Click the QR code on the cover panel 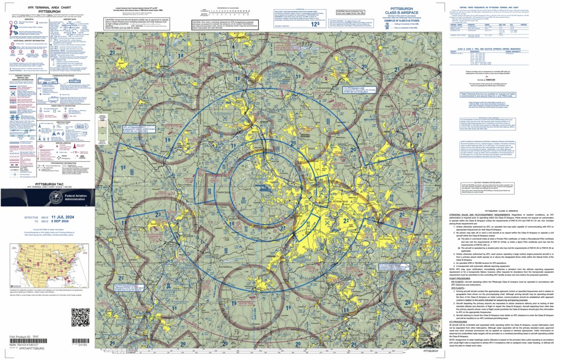[80, 317]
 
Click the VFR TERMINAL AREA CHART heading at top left [25, 6]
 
